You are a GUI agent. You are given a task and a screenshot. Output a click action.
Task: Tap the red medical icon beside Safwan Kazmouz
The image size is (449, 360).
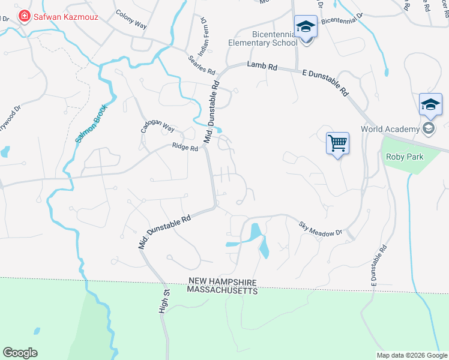click(25, 16)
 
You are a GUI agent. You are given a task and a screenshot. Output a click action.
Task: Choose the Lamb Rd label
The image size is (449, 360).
click(264, 67)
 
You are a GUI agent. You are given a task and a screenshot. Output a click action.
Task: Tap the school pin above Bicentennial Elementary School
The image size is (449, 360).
click(306, 27)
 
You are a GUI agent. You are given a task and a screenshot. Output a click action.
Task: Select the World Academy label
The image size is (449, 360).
click(390, 129)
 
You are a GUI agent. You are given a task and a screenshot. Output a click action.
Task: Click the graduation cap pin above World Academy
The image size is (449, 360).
click(430, 105)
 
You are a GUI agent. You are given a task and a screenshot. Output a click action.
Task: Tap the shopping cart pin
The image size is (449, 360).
click(338, 143)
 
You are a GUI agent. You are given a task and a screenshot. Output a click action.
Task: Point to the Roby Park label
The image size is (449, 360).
click(405, 157)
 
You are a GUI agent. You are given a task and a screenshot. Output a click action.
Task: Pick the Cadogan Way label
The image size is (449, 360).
click(157, 128)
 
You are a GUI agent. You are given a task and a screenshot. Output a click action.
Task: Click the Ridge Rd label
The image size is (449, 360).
click(185, 146)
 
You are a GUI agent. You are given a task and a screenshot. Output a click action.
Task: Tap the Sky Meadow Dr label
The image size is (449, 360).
click(321, 229)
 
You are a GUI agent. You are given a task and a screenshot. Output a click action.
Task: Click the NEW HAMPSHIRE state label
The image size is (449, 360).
click(223, 282)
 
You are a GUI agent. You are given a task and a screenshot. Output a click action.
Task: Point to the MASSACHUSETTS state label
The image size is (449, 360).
click(222, 290)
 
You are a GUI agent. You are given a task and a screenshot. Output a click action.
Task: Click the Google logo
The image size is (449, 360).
click(20, 353)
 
